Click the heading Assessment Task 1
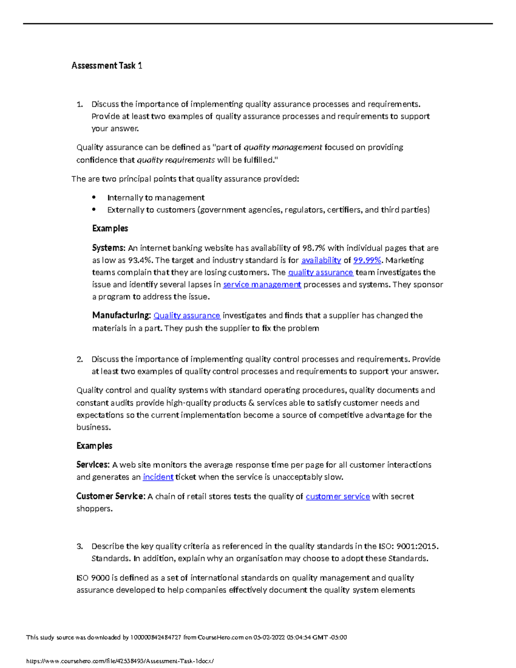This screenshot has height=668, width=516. (107, 66)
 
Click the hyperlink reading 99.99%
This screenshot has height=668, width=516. (367, 260)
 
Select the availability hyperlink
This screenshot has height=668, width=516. (321, 260)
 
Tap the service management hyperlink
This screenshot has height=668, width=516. (262, 285)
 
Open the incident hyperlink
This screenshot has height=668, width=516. (158, 477)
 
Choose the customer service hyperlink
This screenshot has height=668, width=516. (338, 496)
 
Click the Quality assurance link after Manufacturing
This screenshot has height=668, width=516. (187, 316)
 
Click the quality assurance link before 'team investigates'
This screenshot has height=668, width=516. (320, 273)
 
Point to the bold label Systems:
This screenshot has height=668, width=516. (109, 248)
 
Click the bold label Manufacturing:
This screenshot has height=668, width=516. (121, 316)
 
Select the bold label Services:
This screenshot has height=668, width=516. (93, 465)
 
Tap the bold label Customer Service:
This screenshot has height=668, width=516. (111, 496)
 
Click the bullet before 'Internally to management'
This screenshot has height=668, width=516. (94, 197)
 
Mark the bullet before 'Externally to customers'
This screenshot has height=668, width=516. (94, 209)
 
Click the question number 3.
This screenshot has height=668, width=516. (80, 547)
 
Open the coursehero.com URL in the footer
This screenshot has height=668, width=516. (120, 661)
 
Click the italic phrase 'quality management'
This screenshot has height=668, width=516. (283, 148)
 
